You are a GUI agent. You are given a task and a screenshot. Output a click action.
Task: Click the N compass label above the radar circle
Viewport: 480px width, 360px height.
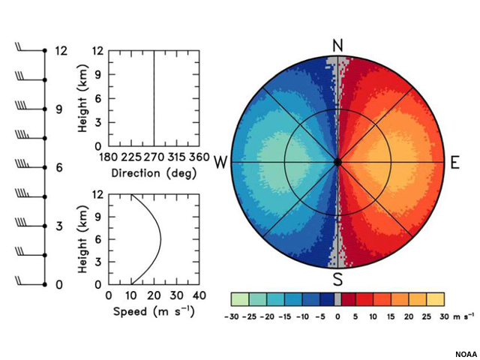tap(337, 46)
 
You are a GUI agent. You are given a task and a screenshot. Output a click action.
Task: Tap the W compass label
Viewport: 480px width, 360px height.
tap(220, 163)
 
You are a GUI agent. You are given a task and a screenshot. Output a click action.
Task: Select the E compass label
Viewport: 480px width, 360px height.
tap(454, 163)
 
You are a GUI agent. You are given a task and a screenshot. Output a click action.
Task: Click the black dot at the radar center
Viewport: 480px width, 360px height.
tap(337, 162)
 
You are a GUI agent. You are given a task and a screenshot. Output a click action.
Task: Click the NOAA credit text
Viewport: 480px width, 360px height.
tap(465, 354)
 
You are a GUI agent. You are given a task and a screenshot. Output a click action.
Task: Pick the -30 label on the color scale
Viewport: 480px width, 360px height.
tap(232, 317)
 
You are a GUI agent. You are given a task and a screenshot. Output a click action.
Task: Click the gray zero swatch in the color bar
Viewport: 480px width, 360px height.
tap(337, 298)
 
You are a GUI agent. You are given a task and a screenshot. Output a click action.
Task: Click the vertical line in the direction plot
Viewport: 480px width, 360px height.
tap(154, 97)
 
